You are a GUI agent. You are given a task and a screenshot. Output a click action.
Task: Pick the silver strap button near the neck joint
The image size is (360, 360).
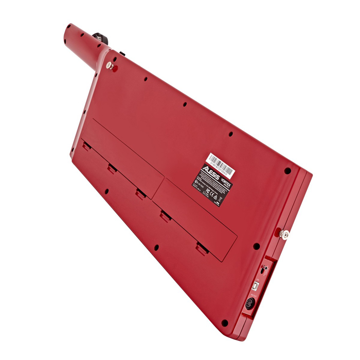coord(109,66)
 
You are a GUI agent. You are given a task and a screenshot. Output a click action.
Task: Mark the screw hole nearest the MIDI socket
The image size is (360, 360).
coord(224,323)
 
